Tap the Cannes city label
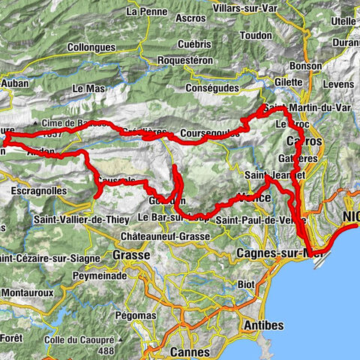click(190, 350)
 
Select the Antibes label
click(262, 325)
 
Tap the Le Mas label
click(88, 88)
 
